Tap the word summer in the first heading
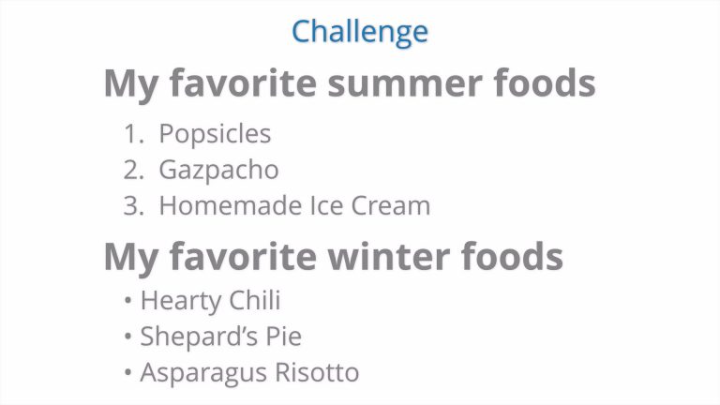point(405,83)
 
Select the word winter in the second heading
point(388,256)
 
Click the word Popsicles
point(215,135)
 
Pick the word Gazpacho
point(218,171)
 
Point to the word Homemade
point(231,205)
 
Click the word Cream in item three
point(391,205)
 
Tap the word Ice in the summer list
point(326,205)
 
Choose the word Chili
point(254,300)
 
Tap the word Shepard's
point(199,337)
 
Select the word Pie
point(284,337)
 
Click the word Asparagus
point(202,373)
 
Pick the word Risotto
point(317,372)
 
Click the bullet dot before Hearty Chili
point(127,301)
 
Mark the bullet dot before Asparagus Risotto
point(127,372)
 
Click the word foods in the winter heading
point(512,256)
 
